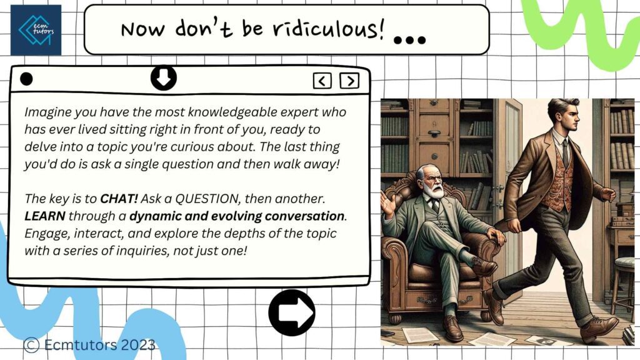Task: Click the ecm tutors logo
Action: (36, 30)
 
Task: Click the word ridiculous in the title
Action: (329, 29)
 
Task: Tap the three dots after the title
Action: (409, 40)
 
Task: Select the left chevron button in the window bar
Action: (322, 81)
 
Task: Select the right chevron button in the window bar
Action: (349, 81)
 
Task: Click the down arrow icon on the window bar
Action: (164, 77)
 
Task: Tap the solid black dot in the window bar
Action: (26, 79)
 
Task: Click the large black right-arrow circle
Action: (292, 312)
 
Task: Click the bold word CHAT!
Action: (119, 199)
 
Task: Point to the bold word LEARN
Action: (45, 216)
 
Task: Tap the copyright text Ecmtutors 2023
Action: (89, 345)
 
